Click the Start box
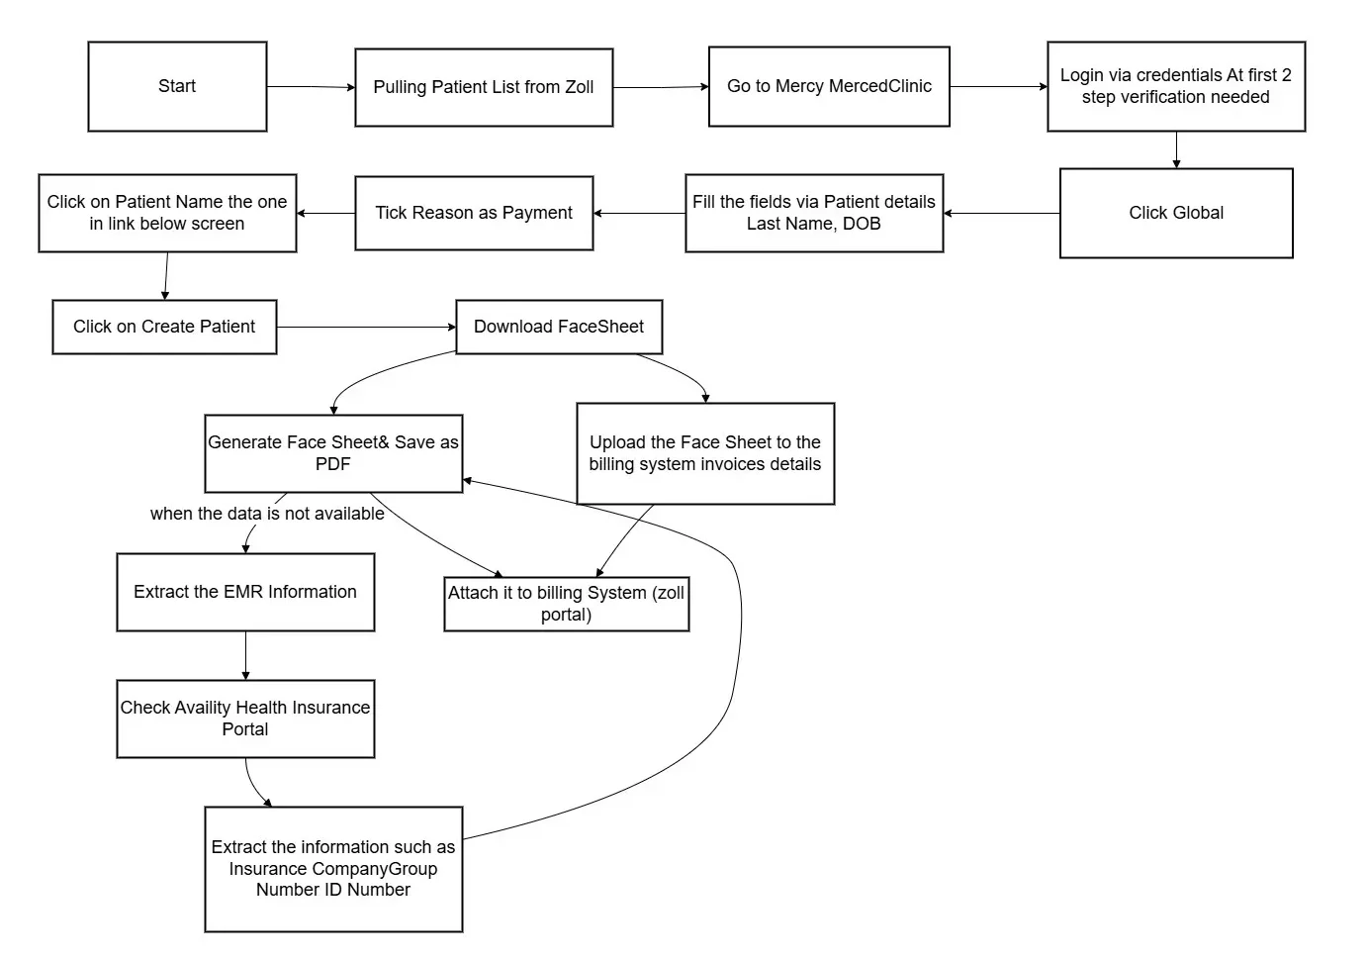[177, 86]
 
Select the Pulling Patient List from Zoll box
[484, 87]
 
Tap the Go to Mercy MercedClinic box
[829, 86]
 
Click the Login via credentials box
[1176, 86]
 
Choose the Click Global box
[1176, 213]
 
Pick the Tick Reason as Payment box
[474, 213]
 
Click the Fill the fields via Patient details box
[814, 213]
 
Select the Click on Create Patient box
[164, 327]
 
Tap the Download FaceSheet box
[559, 327]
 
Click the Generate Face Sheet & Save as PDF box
[333, 453]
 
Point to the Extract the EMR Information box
[245, 592]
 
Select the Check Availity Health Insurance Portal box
[245, 719]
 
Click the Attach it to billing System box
[567, 604]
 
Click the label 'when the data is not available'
[267, 514]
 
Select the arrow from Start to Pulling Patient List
[311, 87]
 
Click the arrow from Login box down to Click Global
[1176, 149]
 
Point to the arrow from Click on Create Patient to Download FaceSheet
[367, 328]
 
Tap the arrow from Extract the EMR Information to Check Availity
[245, 655]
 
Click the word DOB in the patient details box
[862, 224]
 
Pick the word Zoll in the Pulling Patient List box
[579, 87]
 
